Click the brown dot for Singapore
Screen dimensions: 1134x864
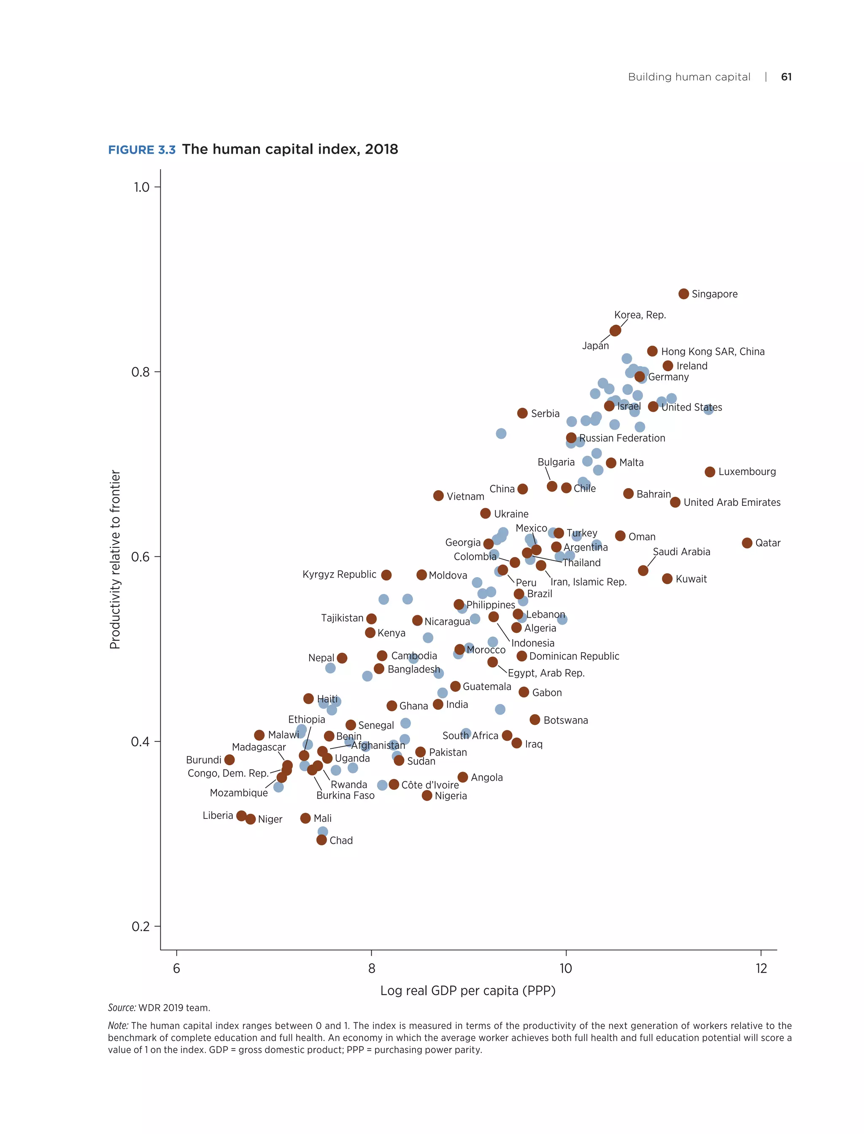pyautogui.click(x=683, y=294)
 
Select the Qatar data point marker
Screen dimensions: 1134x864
pyautogui.click(x=747, y=543)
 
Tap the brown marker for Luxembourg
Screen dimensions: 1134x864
pyautogui.click(x=710, y=472)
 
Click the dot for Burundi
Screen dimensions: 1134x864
pyautogui.click(x=229, y=760)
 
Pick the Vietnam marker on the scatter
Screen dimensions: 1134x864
pyautogui.click(x=438, y=496)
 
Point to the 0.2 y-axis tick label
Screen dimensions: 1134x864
pyautogui.click(x=140, y=926)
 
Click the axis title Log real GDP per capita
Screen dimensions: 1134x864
pyautogui.click(x=467, y=991)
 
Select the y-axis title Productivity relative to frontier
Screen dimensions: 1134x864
pyautogui.click(x=115, y=559)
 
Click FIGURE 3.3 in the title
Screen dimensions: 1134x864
pyautogui.click(x=141, y=150)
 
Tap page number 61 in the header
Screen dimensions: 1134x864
pyautogui.click(x=786, y=77)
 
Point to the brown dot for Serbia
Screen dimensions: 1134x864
pyautogui.click(x=522, y=413)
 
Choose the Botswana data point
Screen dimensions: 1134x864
pyautogui.click(x=535, y=719)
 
